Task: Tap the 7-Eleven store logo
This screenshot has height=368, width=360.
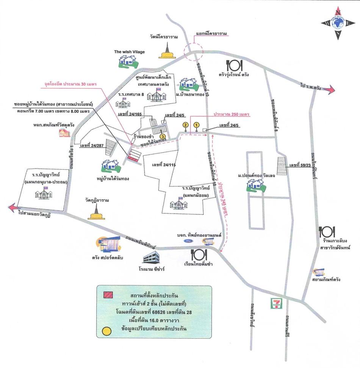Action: point(275,304)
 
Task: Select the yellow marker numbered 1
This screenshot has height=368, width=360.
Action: point(196,125)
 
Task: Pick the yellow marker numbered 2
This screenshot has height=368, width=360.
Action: point(185,125)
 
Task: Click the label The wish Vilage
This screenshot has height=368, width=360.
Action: point(130,52)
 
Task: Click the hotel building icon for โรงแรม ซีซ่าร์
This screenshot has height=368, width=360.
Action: point(152,259)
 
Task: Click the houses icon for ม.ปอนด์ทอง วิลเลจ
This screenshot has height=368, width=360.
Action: point(255,184)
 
